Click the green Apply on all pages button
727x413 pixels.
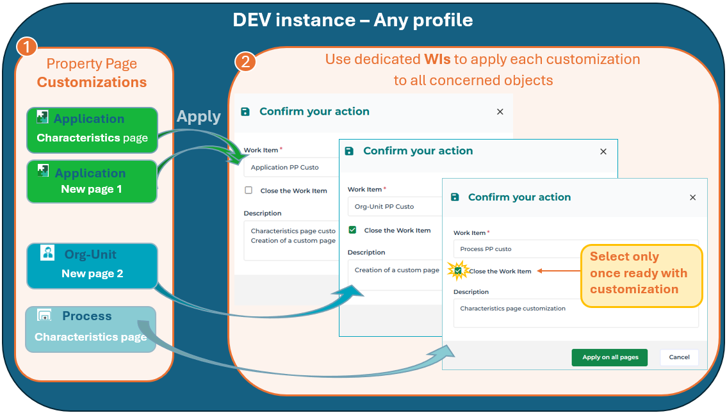(609, 357)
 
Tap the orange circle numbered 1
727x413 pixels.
(26, 47)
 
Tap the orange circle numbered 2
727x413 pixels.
(245, 61)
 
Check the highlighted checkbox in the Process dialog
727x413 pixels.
(458, 271)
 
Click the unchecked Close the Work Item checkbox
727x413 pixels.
(249, 190)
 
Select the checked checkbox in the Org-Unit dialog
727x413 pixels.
(352, 230)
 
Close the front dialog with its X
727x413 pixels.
(692, 197)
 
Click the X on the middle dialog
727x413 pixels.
(603, 152)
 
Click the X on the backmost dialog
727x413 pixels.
(500, 111)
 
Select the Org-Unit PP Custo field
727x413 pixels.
(395, 207)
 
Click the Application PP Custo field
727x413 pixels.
(291, 167)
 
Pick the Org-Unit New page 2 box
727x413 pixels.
(92, 266)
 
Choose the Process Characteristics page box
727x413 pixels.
(91, 329)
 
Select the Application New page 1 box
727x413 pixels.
(92, 181)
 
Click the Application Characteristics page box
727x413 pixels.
(92, 130)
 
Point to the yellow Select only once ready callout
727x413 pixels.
(641, 276)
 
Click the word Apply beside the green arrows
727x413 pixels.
(199, 117)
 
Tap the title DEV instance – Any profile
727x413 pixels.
(353, 20)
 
